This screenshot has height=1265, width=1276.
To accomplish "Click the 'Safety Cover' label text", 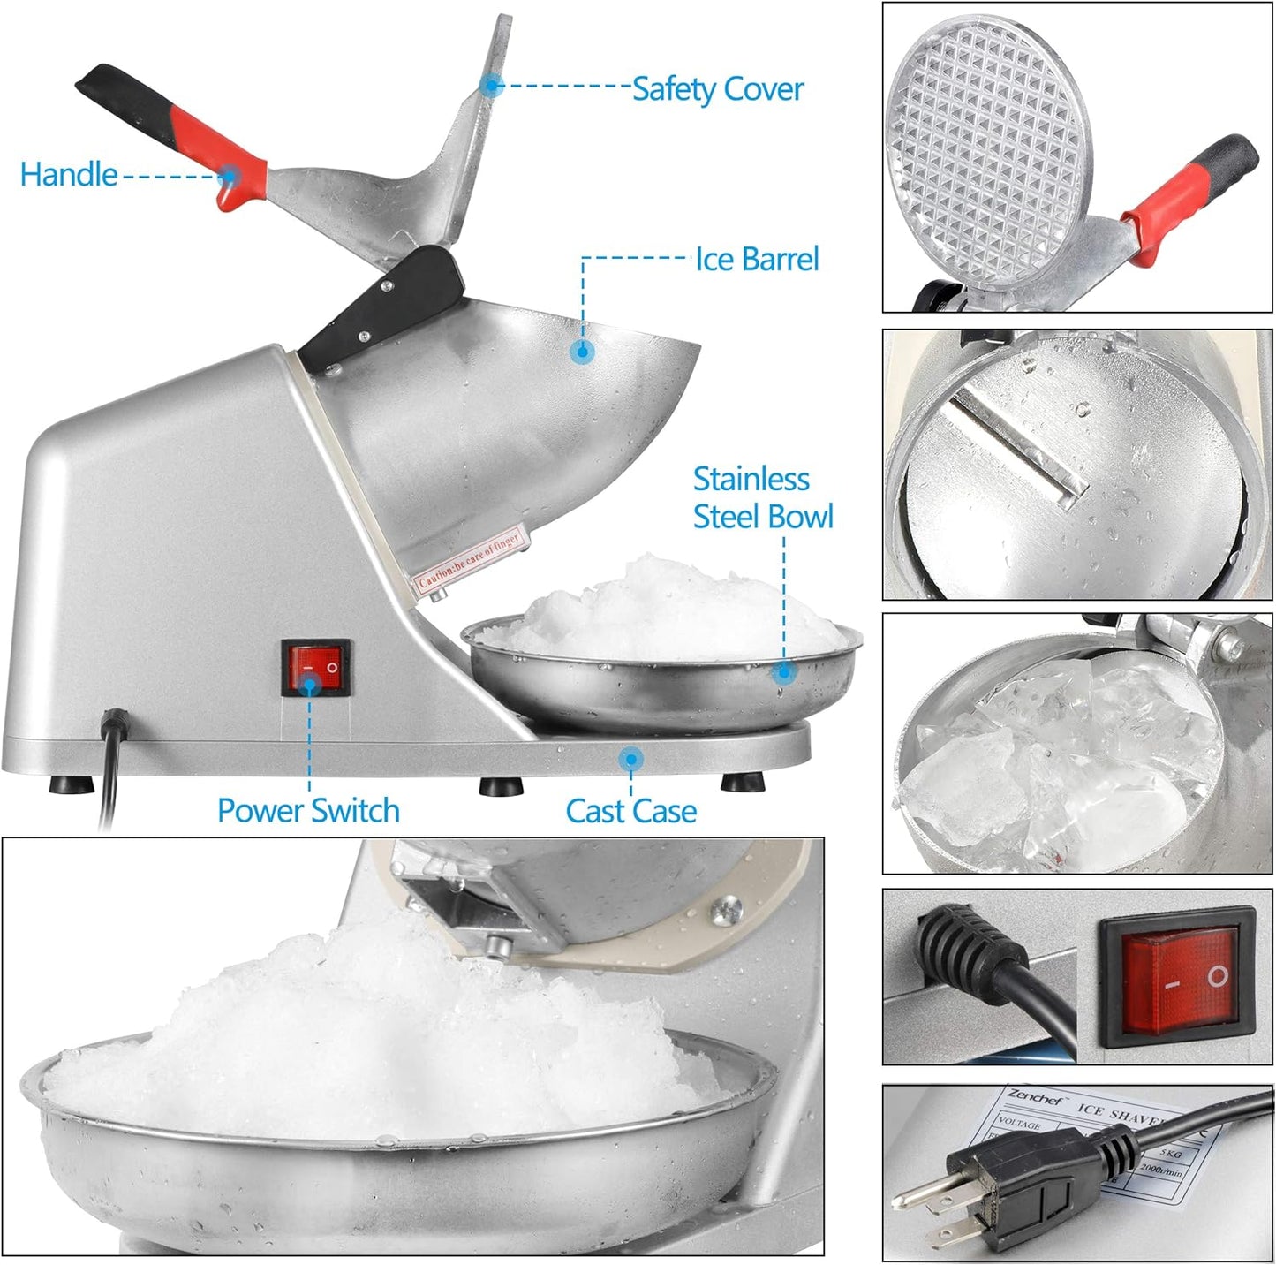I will [717, 89].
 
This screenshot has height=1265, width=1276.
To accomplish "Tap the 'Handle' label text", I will [69, 174].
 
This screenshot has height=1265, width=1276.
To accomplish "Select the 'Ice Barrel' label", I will [757, 259].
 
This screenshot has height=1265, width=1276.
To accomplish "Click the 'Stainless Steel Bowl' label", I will [762, 497].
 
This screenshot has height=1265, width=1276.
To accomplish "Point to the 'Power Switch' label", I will [308, 810].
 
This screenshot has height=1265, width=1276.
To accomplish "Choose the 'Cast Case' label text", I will [630, 810].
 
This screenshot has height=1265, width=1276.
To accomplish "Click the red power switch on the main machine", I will [315, 669].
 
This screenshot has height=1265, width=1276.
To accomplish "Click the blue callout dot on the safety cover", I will [492, 86].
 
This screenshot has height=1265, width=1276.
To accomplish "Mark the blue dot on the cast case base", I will [630, 758].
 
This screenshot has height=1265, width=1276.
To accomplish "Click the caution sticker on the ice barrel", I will [470, 557].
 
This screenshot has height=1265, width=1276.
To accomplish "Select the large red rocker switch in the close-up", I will [1177, 979].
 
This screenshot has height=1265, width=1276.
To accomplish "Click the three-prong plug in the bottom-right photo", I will [998, 1179].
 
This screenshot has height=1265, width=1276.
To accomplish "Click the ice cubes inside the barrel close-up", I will [1060, 760].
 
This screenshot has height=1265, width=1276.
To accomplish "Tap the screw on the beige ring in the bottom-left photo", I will [729, 907].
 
